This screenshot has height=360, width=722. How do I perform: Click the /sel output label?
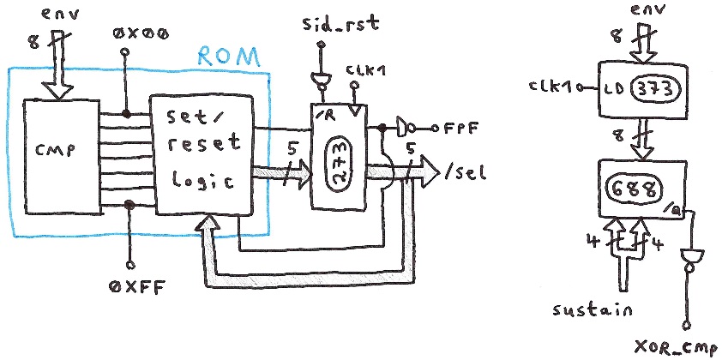[466, 173]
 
